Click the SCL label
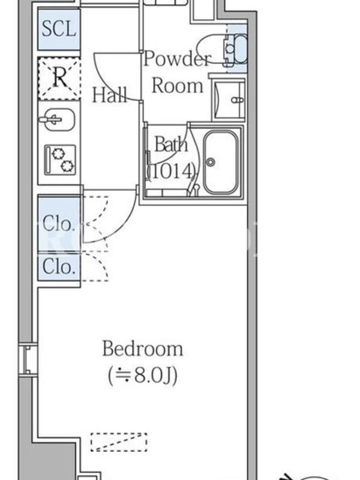click(x=59, y=29)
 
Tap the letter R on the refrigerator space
click(x=59, y=78)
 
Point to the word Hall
click(x=110, y=95)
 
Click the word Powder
click(x=178, y=58)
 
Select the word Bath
click(x=171, y=144)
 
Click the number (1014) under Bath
click(x=172, y=171)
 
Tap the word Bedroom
click(x=143, y=349)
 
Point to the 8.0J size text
click(x=143, y=376)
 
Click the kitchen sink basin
click(x=57, y=119)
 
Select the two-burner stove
click(x=60, y=160)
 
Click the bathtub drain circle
click(x=211, y=162)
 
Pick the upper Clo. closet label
click(x=59, y=223)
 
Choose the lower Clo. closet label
click(x=59, y=266)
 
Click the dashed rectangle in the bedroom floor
click(x=119, y=442)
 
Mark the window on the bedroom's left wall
click(x=28, y=359)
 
